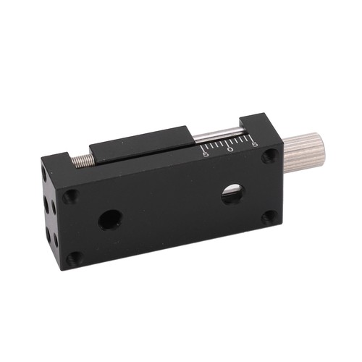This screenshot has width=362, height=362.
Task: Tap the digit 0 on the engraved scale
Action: pos(230,149)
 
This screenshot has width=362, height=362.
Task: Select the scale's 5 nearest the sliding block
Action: pos(206,154)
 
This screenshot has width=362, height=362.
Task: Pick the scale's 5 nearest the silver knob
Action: pos(255,145)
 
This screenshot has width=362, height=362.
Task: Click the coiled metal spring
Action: pos(83,161)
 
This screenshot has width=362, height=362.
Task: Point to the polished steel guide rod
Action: pos(219,135)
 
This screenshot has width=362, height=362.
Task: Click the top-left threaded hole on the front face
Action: pos(70,195)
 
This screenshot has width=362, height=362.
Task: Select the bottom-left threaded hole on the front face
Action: pos(74,258)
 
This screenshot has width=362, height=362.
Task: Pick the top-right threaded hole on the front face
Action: pos(269,156)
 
